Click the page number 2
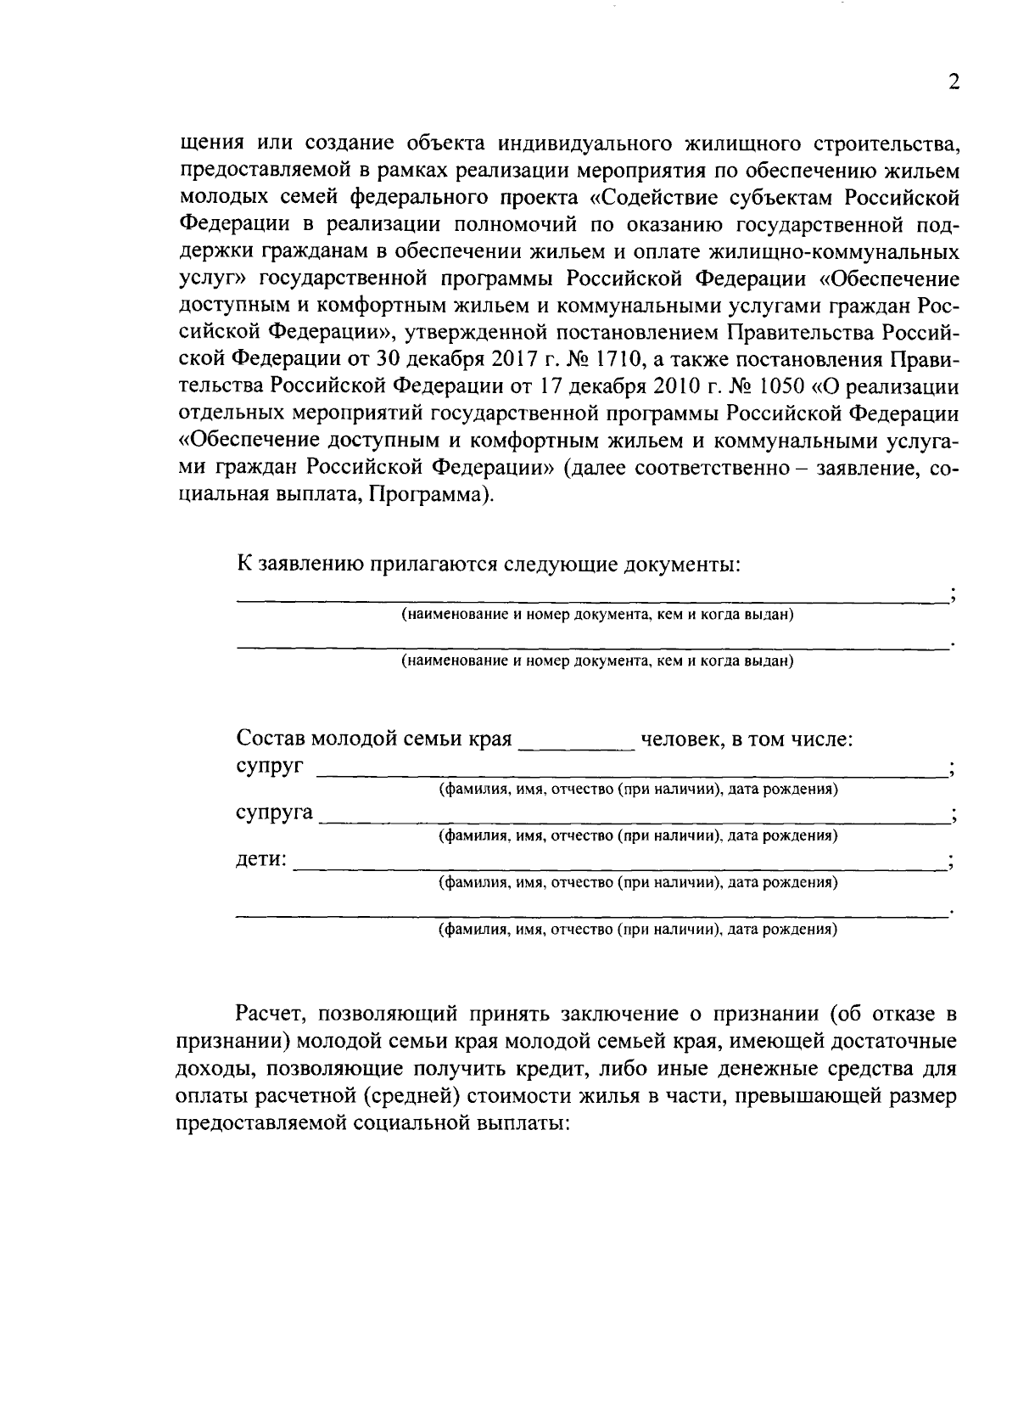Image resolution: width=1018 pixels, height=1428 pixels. pyautogui.click(x=953, y=82)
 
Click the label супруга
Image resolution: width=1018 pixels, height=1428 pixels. pyautogui.click(x=274, y=812)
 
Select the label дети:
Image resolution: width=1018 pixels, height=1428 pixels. pyautogui.click(x=260, y=859)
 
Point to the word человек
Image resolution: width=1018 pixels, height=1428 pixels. pyautogui.click(x=680, y=739)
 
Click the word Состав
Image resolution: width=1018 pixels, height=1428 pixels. pyautogui.click(x=270, y=739)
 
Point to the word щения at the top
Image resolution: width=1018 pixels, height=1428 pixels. pyautogui.click(x=213, y=143)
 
